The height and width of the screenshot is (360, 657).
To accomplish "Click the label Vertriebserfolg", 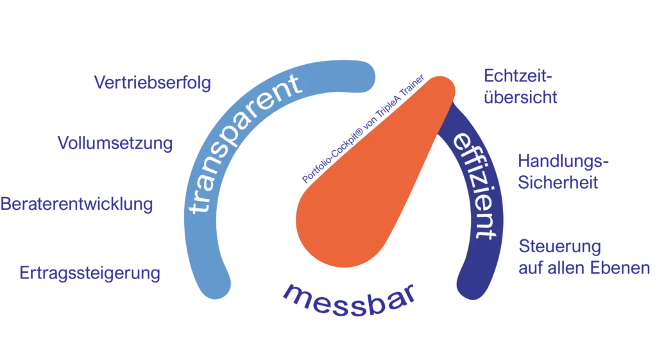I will (153, 83).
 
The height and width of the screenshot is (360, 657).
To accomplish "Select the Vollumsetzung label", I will (115, 143).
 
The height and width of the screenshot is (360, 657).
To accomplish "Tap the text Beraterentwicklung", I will (77, 205).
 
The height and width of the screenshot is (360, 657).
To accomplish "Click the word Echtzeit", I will (516, 76).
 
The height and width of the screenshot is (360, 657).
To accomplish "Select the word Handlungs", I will (562, 160).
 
